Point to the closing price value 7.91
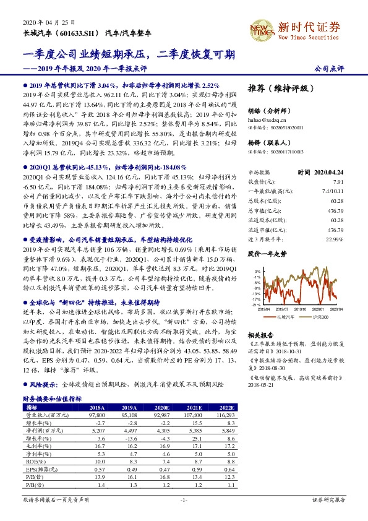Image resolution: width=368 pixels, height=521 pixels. (337, 182)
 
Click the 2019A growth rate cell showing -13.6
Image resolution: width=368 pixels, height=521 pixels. (129, 455)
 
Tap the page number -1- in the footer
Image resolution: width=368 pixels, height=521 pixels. (183, 515)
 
